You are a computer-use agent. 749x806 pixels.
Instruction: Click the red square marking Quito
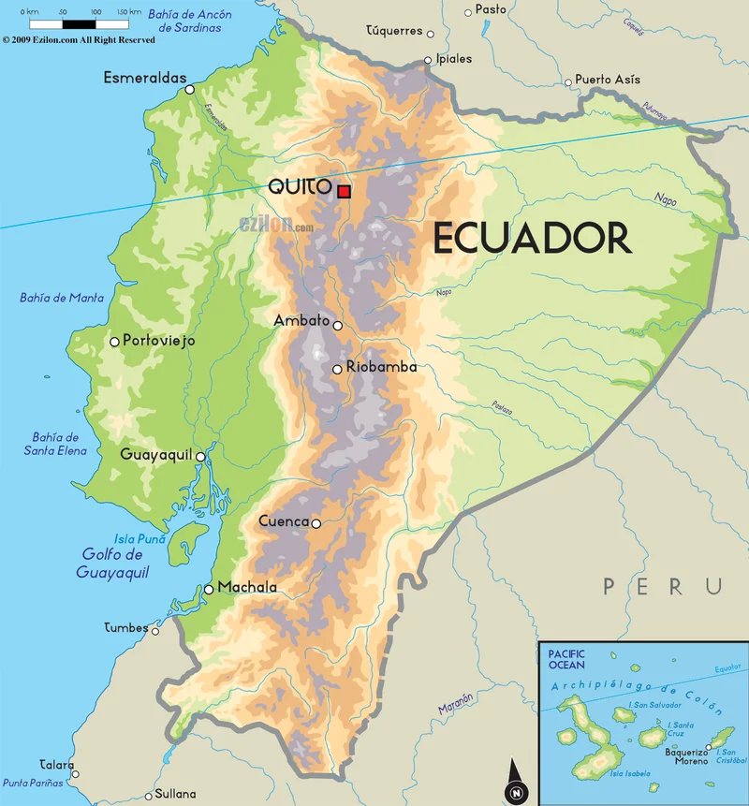click(345, 192)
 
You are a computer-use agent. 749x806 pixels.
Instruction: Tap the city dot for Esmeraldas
click(190, 90)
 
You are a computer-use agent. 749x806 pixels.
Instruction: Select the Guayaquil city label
click(155, 455)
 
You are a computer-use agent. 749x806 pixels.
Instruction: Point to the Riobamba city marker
click(337, 370)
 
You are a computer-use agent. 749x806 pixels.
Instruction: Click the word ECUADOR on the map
click(531, 239)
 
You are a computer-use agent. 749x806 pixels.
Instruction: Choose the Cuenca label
click(284, 521)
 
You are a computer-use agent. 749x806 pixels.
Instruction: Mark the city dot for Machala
click(209, 590)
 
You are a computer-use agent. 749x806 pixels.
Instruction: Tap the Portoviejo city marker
click(115, 342)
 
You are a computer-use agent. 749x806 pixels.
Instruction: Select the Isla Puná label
click(140, 538)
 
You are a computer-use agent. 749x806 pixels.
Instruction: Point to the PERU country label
click(663, 587)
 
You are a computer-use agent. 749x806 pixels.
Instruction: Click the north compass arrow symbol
click(514, 781)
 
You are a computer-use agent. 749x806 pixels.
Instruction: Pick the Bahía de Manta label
click(62, 299)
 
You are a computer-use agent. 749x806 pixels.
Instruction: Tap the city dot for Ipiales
click(428, 61)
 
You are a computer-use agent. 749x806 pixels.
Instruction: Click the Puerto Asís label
click(608, 80)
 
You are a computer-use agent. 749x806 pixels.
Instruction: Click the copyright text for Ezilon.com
click(79, 40)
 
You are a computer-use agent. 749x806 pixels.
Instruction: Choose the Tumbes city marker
click(155, 630)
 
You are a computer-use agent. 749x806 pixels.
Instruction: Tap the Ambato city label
click(301, 320)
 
